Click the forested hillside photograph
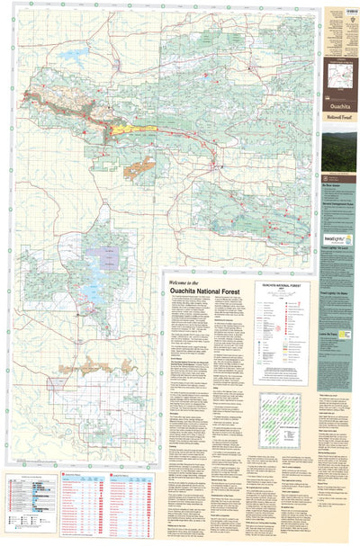339,151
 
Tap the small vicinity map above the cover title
339,70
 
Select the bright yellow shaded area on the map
132,130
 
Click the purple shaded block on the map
109,255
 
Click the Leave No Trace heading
334,331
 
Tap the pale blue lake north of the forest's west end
71,54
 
